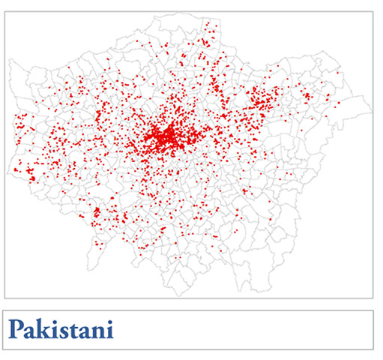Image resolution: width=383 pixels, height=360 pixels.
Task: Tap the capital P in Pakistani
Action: [x=17, y=328]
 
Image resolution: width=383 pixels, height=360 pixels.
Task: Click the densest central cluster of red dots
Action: [x=168, y=137]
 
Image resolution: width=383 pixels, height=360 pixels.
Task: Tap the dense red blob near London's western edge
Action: [x=30, y=175]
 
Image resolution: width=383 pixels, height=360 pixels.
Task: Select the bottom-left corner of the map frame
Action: [x=5, y=298]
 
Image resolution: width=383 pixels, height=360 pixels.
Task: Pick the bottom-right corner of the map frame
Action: [x=373, y=298]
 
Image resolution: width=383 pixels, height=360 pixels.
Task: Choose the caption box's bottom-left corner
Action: [x=5, y=349]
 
